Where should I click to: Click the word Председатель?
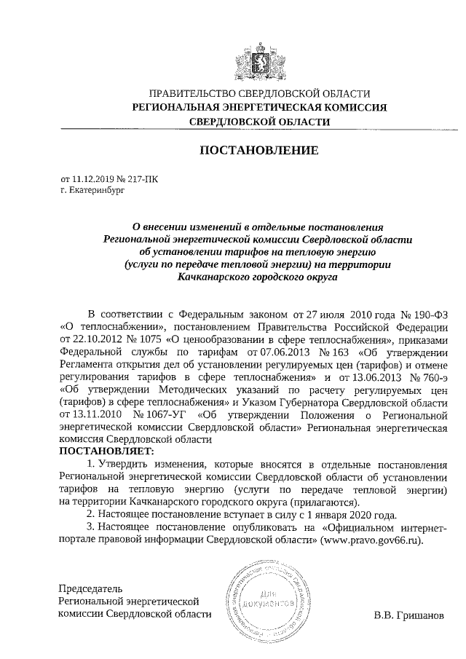(91, 588)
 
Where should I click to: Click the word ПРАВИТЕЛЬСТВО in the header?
(190, 93)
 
